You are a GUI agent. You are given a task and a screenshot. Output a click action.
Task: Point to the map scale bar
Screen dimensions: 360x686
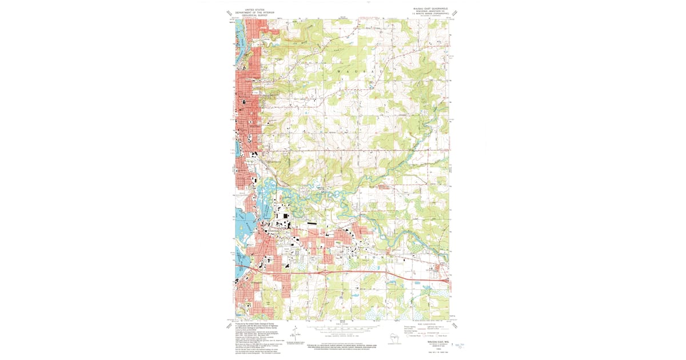343,330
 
